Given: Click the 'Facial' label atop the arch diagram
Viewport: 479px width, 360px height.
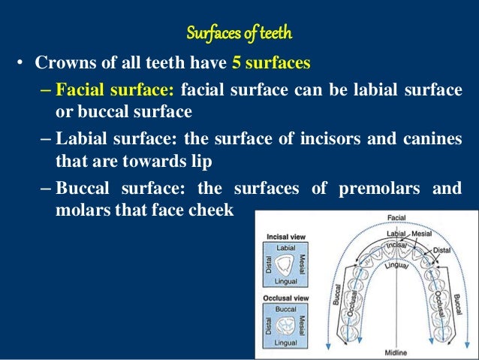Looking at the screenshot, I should tap(396, 218).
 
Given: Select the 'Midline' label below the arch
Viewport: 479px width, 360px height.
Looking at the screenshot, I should tap(396, 352).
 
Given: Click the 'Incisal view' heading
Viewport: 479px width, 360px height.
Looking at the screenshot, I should tap(285, 237).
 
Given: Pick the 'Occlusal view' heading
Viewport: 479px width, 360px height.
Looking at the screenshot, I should tap(286, 299).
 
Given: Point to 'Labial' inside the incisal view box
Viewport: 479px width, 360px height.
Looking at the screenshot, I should tap(285, 247).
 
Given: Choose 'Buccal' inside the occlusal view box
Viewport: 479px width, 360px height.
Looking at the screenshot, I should tap(285, 309).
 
